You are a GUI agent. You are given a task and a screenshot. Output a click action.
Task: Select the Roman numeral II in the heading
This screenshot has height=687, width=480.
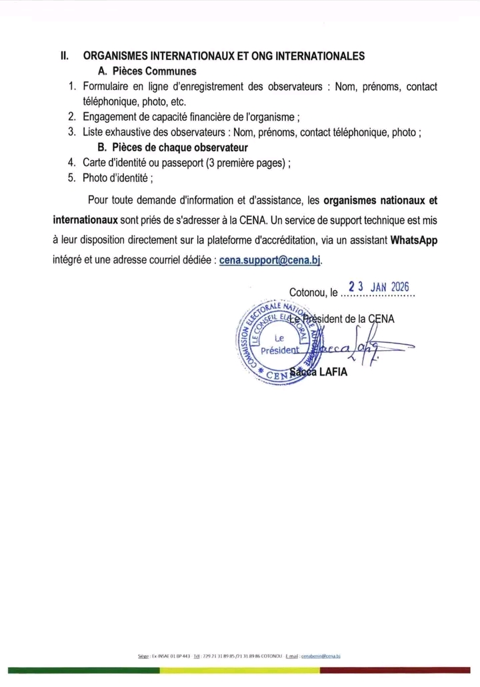(65, 56)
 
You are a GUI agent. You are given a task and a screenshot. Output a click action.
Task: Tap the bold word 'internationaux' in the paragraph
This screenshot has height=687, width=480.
(86, 219)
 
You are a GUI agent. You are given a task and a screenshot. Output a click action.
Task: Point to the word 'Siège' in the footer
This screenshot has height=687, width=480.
(143, 657)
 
